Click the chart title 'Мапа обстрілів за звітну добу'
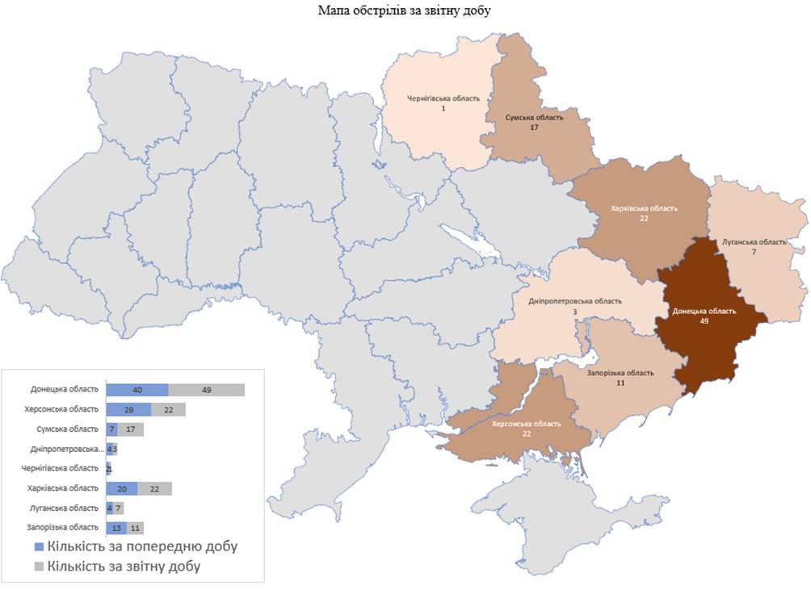click(x=405, y=10)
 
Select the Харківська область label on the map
click(x=644, y=207)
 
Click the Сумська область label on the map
click(x=534, y=118)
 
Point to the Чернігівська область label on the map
click(x=442, y=98)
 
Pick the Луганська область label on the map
click(x=753, y=242)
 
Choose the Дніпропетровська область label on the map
click(x=575, y=301)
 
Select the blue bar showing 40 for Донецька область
click(x=137, y=390)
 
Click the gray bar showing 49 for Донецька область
click(x=206, y=390)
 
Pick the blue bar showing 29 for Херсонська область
click(x=128, y=409)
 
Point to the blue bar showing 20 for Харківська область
click(x=122, y=488)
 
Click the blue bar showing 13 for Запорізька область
click(x=116, y=528)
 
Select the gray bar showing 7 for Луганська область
click(x=118, y=508)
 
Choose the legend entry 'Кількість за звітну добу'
click(x=123, y=567)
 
